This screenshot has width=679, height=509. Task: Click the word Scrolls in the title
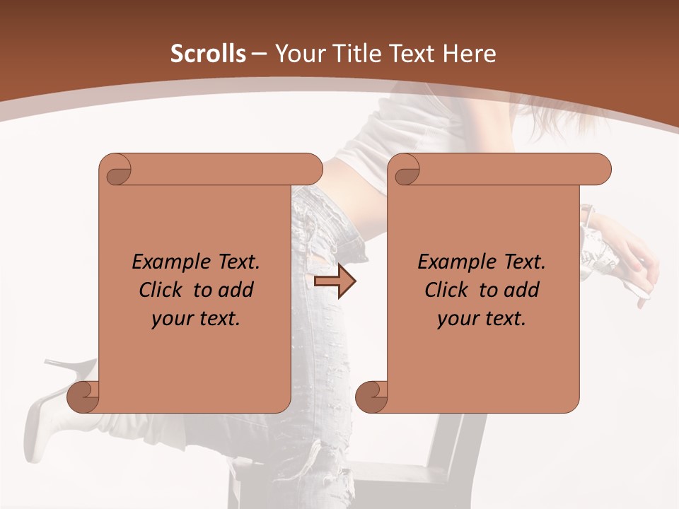click(208, 54)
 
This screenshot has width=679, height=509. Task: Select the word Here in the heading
click(469, 54)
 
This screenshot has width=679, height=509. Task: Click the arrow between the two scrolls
click(335, 282)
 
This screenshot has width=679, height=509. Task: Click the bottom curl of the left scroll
click(82, 397)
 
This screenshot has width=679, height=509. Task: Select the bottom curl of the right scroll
click(371, 397)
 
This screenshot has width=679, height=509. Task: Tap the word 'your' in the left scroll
click(173, 319)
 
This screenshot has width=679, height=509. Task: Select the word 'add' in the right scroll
click(523, 290)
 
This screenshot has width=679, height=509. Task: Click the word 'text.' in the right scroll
click(506, 319)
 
